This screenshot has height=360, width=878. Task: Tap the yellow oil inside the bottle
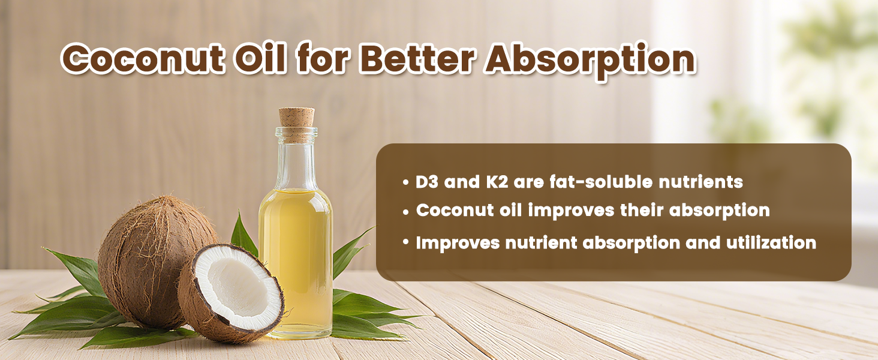pyautogui.click(x=295, y=258)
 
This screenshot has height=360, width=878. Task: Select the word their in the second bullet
pyautogui.click(x=655, y=211)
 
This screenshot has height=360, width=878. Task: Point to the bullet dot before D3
pyautogui.click(x=407, y=182)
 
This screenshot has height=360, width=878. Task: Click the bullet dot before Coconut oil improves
pyautogui.click(x=407, y=211)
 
